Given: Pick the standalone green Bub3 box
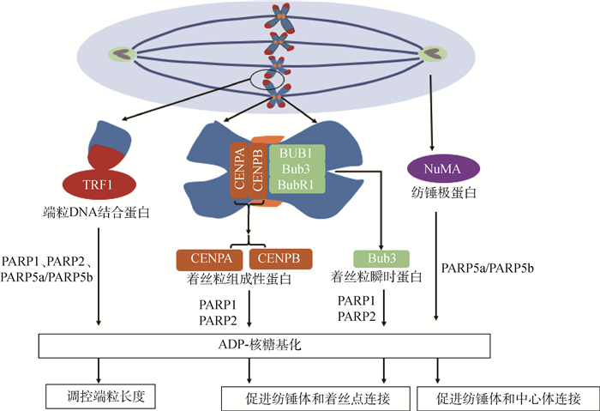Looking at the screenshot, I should click(x=381, y=258).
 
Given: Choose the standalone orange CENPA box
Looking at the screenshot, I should click(x=209, y=258).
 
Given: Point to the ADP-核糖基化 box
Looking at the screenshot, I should click(x=263, y=345).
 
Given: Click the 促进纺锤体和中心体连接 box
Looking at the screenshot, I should click(x=507, y=398).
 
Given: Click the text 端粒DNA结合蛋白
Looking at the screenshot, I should click(x=97, y=210).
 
